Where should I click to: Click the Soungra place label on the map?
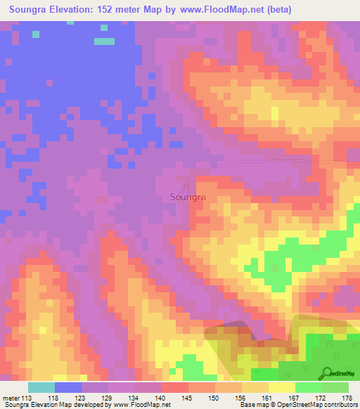pos(188,197)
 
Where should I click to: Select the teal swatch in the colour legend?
pos(41,388)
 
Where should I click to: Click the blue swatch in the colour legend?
pos(68,388)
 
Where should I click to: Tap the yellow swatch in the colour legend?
pos(282,388)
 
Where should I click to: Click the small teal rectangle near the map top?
pos(104,41)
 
